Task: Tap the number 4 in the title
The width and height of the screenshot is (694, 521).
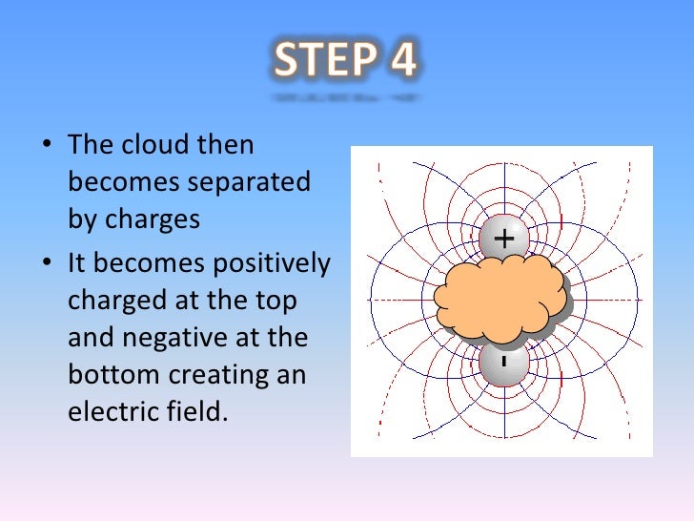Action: tap(401, 61)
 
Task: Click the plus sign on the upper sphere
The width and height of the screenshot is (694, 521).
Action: tap(503, 239)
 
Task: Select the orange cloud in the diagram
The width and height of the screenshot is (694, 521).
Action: tap(501, 299)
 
